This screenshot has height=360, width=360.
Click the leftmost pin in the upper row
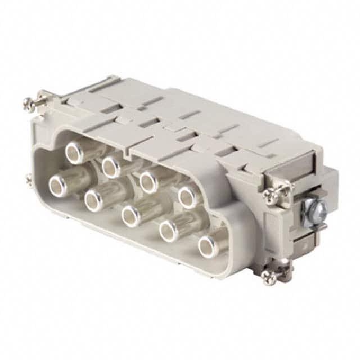[x=74, y=151]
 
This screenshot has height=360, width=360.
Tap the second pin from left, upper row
[x=111, y=166]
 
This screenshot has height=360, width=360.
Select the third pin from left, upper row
[x=149, y=181]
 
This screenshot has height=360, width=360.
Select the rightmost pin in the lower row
[x=207, y=246]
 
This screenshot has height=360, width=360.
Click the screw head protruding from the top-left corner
[x=28, y=102]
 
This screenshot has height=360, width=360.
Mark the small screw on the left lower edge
[x=29, y=179]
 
